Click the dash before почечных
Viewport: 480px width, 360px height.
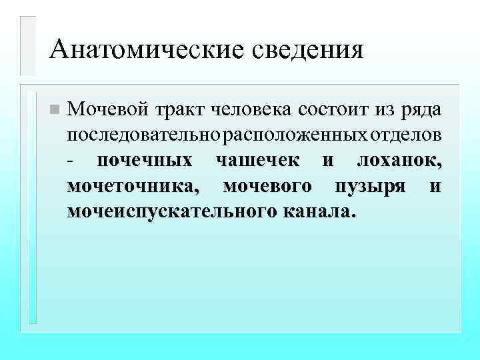(71, 161)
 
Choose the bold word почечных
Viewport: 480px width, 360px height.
(145, 161)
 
